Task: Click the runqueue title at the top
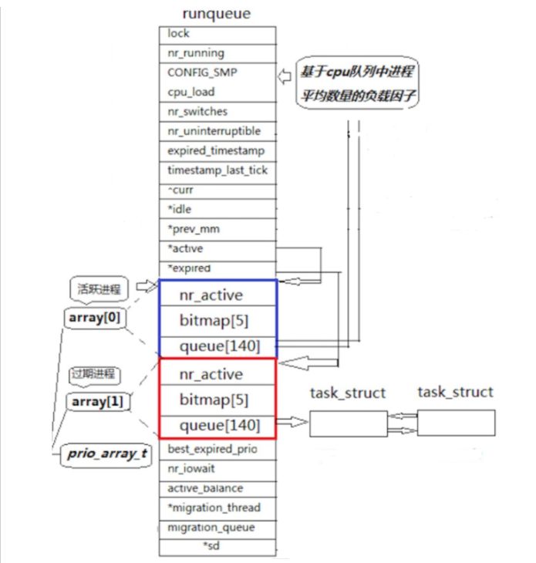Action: coord(217,14)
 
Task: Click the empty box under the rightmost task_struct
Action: coord(455,425)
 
